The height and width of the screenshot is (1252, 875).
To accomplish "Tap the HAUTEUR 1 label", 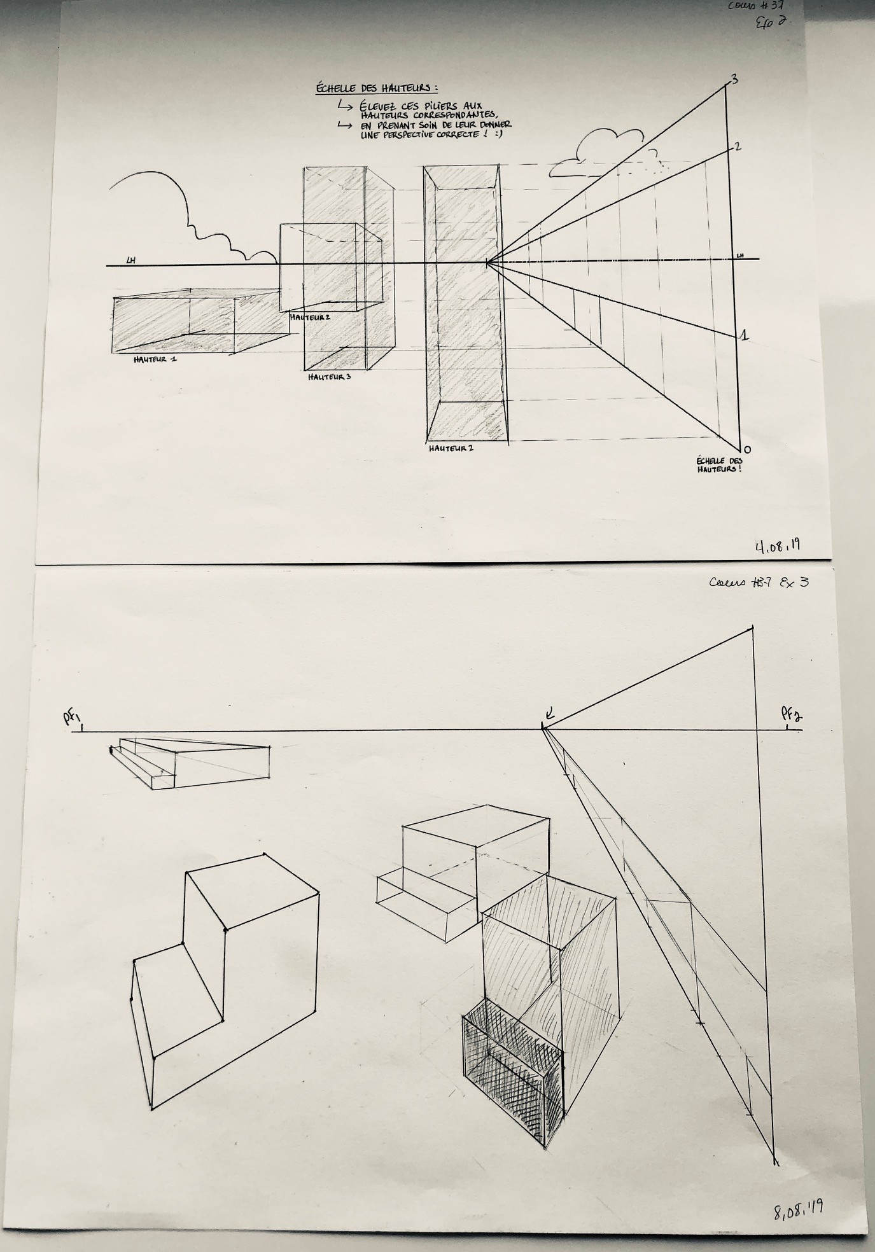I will tap(155, 359).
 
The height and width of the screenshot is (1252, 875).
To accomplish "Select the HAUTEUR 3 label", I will tap(330, 377).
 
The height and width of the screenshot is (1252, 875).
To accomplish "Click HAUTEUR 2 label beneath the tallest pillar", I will tap(451, 448).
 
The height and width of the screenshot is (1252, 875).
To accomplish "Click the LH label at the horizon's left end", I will tap(130, 260).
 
